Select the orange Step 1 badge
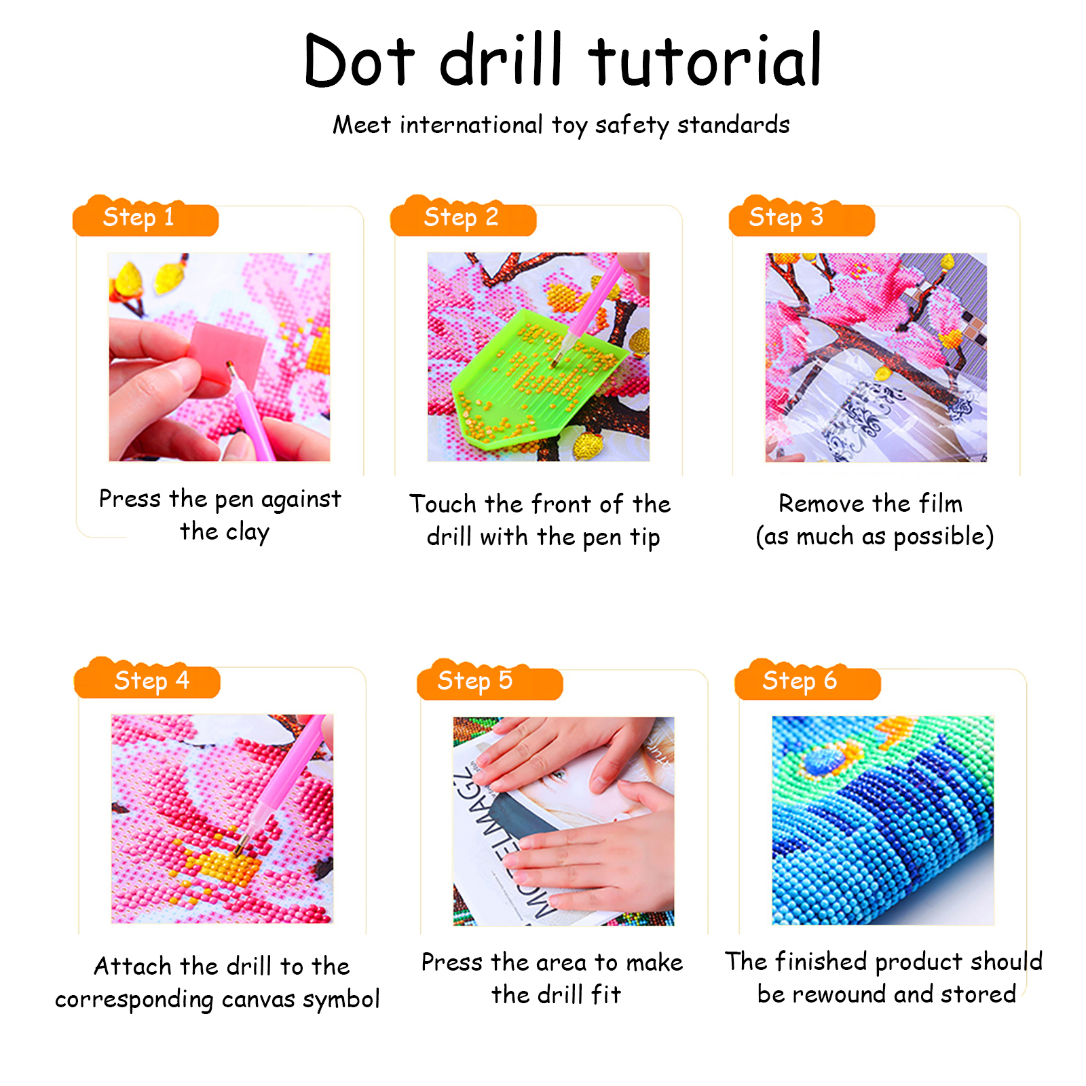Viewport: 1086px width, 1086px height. (145, 217)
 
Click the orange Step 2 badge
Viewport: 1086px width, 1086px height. (463, 217)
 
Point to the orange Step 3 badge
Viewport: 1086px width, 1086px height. (802, 217)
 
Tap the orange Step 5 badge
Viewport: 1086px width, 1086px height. (490, 680)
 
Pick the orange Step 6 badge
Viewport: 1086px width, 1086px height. (808, 680)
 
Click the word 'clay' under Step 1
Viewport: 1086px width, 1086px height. (248, 533)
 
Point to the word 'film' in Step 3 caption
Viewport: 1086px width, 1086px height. (941, 504)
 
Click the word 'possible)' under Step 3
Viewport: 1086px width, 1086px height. (944, 537)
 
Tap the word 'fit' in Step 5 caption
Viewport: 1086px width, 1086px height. (606, 994)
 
